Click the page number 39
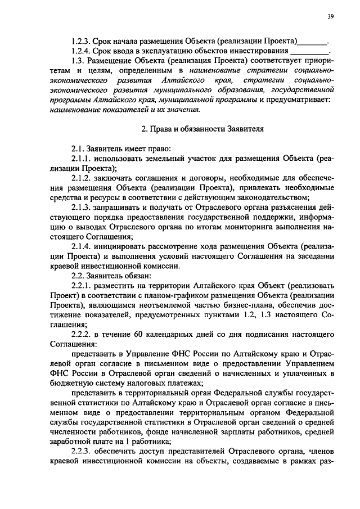coord(330,17)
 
